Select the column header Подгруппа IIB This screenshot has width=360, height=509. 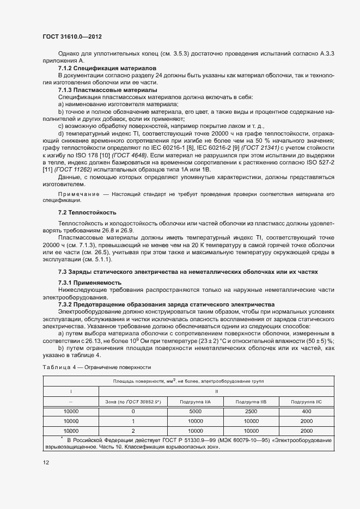(x=251, y=401)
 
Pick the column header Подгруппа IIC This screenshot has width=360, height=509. (x=306, y=401)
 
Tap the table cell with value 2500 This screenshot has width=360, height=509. (x=251, y=412)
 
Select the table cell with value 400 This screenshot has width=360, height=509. (x=306, y=412)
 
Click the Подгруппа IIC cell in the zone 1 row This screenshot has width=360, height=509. (x=306, y=421)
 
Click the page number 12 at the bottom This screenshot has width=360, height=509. (x=46, y=462)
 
